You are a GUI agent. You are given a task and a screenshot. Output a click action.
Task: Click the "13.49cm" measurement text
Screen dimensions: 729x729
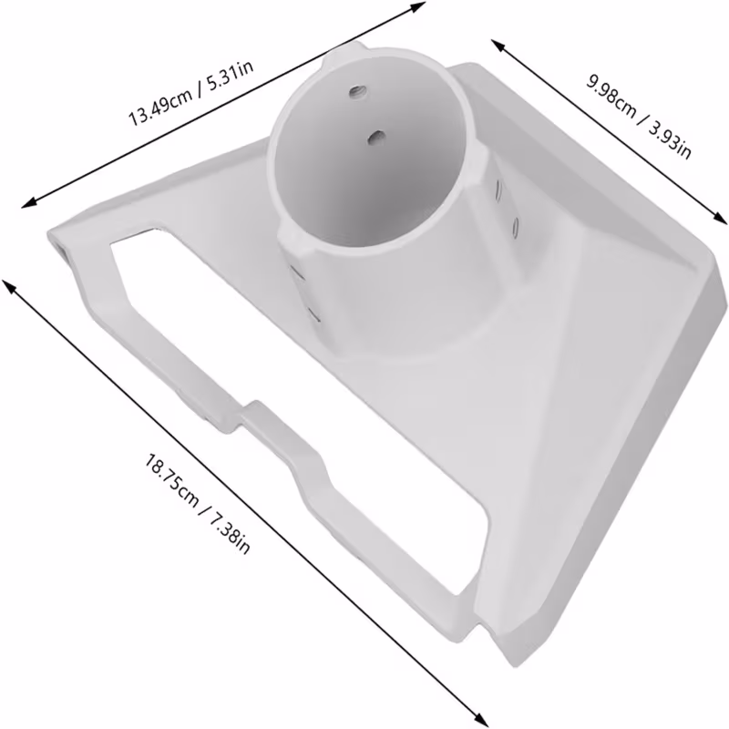tap(160, 106)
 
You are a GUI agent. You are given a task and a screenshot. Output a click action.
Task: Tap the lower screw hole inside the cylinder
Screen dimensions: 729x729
tap(375, 137)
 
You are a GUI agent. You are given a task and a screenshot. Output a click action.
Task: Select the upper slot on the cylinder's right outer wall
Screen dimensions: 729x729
tap(499, 190)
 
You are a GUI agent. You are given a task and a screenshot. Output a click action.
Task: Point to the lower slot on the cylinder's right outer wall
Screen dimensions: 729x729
tap(515, 227)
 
